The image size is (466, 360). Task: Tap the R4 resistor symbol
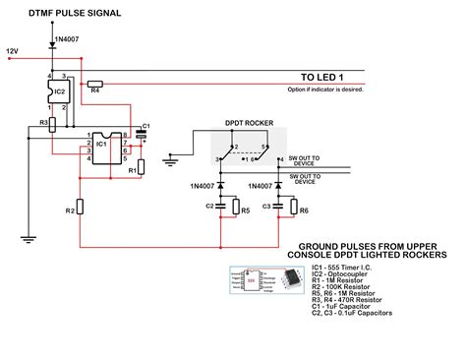point(95,85)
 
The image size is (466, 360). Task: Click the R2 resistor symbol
point(82,209)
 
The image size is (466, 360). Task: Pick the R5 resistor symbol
point(237,209)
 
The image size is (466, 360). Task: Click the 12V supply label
point(12,49)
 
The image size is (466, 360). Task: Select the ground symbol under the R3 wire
point(31,237)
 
